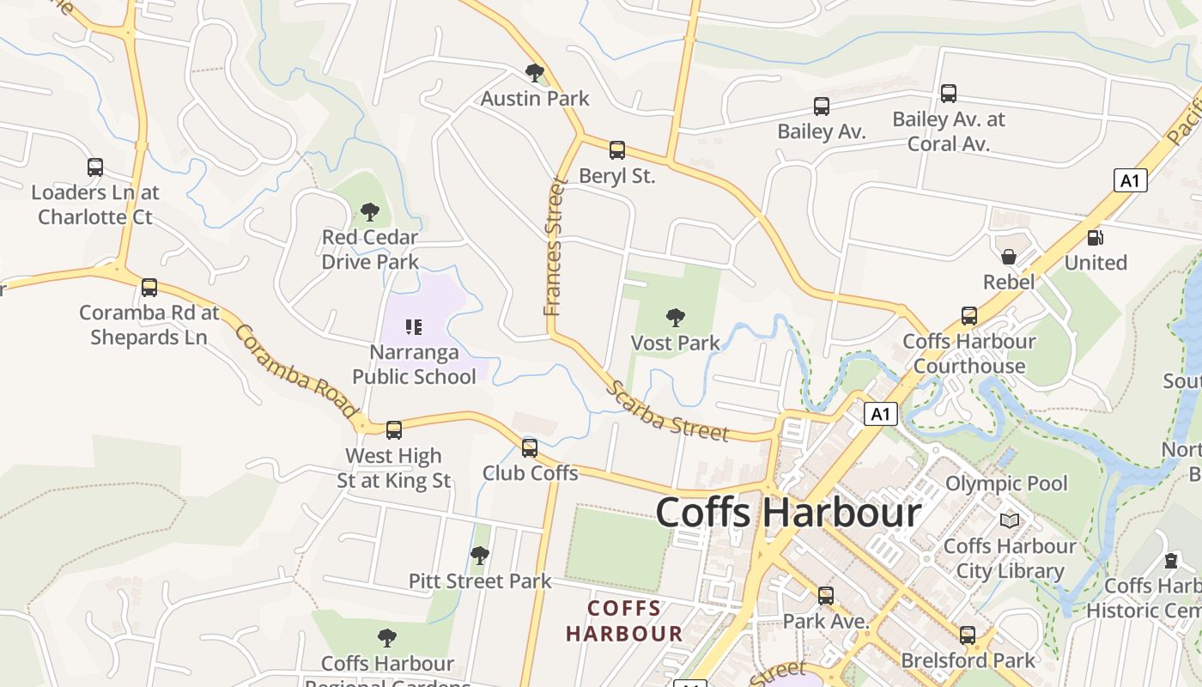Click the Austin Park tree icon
[x=535, y=72]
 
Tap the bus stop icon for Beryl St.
[x=616, y=151]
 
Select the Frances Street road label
[x=556, y=246]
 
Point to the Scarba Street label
[x=667, y=410]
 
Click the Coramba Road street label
[x=294, y=371]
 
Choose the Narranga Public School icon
[x=414, y=326]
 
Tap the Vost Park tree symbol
[x=676, y=318]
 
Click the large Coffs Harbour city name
[x=788, y=513]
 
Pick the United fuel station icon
[x=1095, y=238]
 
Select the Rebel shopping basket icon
[x=1009, y=257]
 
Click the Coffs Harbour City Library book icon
[x=1010, y=520]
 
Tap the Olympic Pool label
[x=1006, y=483]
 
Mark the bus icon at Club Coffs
[x=530, y=447]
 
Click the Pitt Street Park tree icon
[x=480, y=556]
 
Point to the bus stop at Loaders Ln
[x=95, y=167]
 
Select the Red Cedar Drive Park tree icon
[x=370, y=211]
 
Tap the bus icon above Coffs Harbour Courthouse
[x=969, y=316]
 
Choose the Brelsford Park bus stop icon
[x=968, y=635]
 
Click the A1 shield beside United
[x=1130, y=180]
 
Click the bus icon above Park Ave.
[x=826, y=595]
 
